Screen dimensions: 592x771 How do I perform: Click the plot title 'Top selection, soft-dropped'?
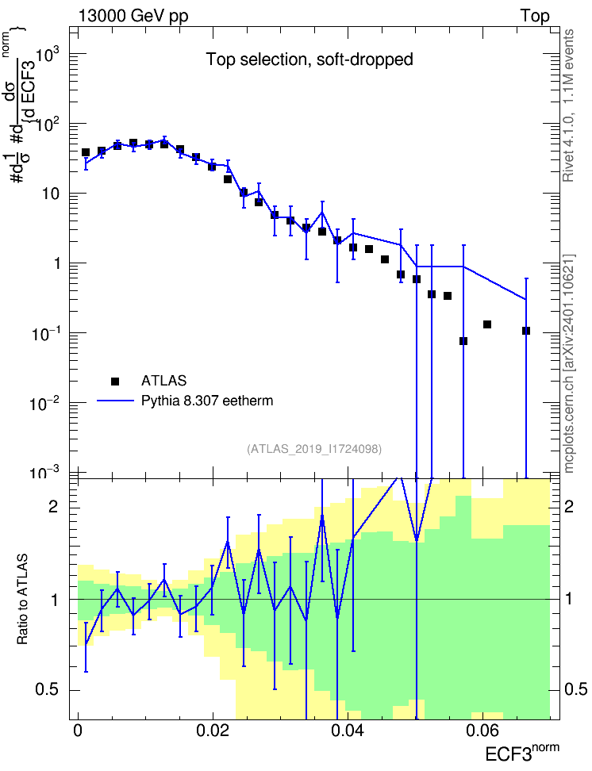[309, 59]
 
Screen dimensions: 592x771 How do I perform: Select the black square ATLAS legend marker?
[114, 381]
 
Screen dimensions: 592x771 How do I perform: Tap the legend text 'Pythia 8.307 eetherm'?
[207, 401]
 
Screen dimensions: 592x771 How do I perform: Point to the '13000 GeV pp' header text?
[133, 16]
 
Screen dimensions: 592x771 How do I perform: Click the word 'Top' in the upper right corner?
[535, 16]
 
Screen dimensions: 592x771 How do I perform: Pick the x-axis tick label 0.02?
[213, 731]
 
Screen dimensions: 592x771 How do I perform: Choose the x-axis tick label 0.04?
[348, 731]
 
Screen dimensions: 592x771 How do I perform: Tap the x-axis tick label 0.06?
[482, 731]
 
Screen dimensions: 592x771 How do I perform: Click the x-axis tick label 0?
[78, 731]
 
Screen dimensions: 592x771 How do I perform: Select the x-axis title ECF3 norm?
[522, 753]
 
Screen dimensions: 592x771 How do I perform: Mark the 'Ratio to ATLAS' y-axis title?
[22, 599]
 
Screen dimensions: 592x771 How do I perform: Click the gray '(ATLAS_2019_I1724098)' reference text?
[314, 449]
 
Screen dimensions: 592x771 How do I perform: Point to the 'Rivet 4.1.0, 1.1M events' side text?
[568, 105]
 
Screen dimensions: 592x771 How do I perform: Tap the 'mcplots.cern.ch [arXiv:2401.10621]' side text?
[569, 363]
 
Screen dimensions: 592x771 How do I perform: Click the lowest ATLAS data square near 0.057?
[463, 341]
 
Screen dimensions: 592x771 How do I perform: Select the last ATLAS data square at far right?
[526, 331]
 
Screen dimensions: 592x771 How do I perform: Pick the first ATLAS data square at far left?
[86, 152]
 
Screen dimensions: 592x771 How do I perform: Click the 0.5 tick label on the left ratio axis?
[47, 690]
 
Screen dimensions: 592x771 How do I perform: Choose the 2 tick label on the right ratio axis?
[568, 506]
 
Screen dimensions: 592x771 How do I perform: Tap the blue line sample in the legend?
[116, 401]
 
